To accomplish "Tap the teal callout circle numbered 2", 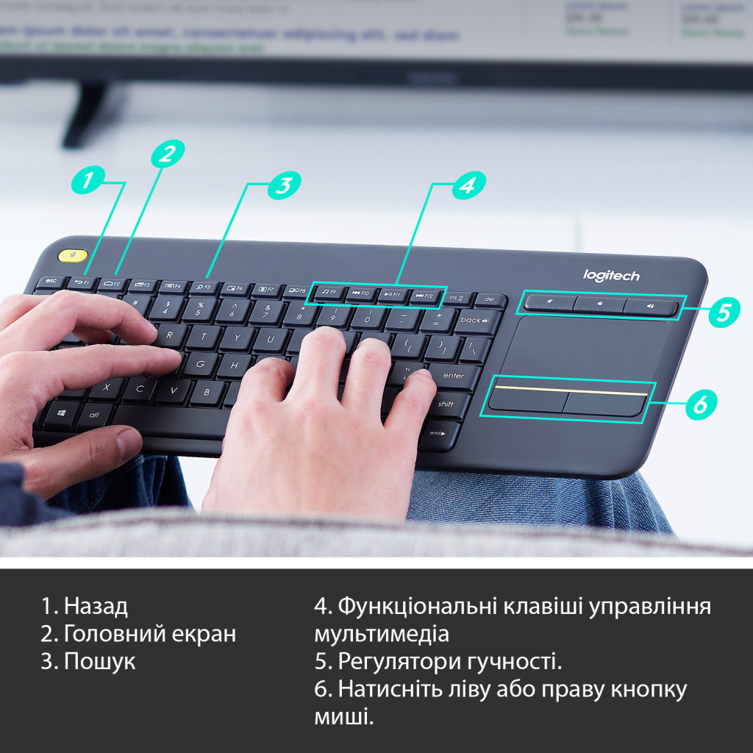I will (x=168, y=154).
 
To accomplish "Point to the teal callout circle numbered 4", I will (x=468, y=185).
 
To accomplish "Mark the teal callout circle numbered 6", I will (x=700, y=403).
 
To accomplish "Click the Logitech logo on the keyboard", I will (x=611, y=276).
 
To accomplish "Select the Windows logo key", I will (x=61, y=413).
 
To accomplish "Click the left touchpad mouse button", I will (x=527, y=400).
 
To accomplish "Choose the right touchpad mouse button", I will (x=604, y=403).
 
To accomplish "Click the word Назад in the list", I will (x=96, y=607).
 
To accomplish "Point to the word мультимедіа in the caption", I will (x=381, y=634).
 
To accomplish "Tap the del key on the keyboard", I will (x=490, y=300).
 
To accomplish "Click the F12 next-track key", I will (x=425, y=296).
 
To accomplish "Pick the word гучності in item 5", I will (x=513, y=662).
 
